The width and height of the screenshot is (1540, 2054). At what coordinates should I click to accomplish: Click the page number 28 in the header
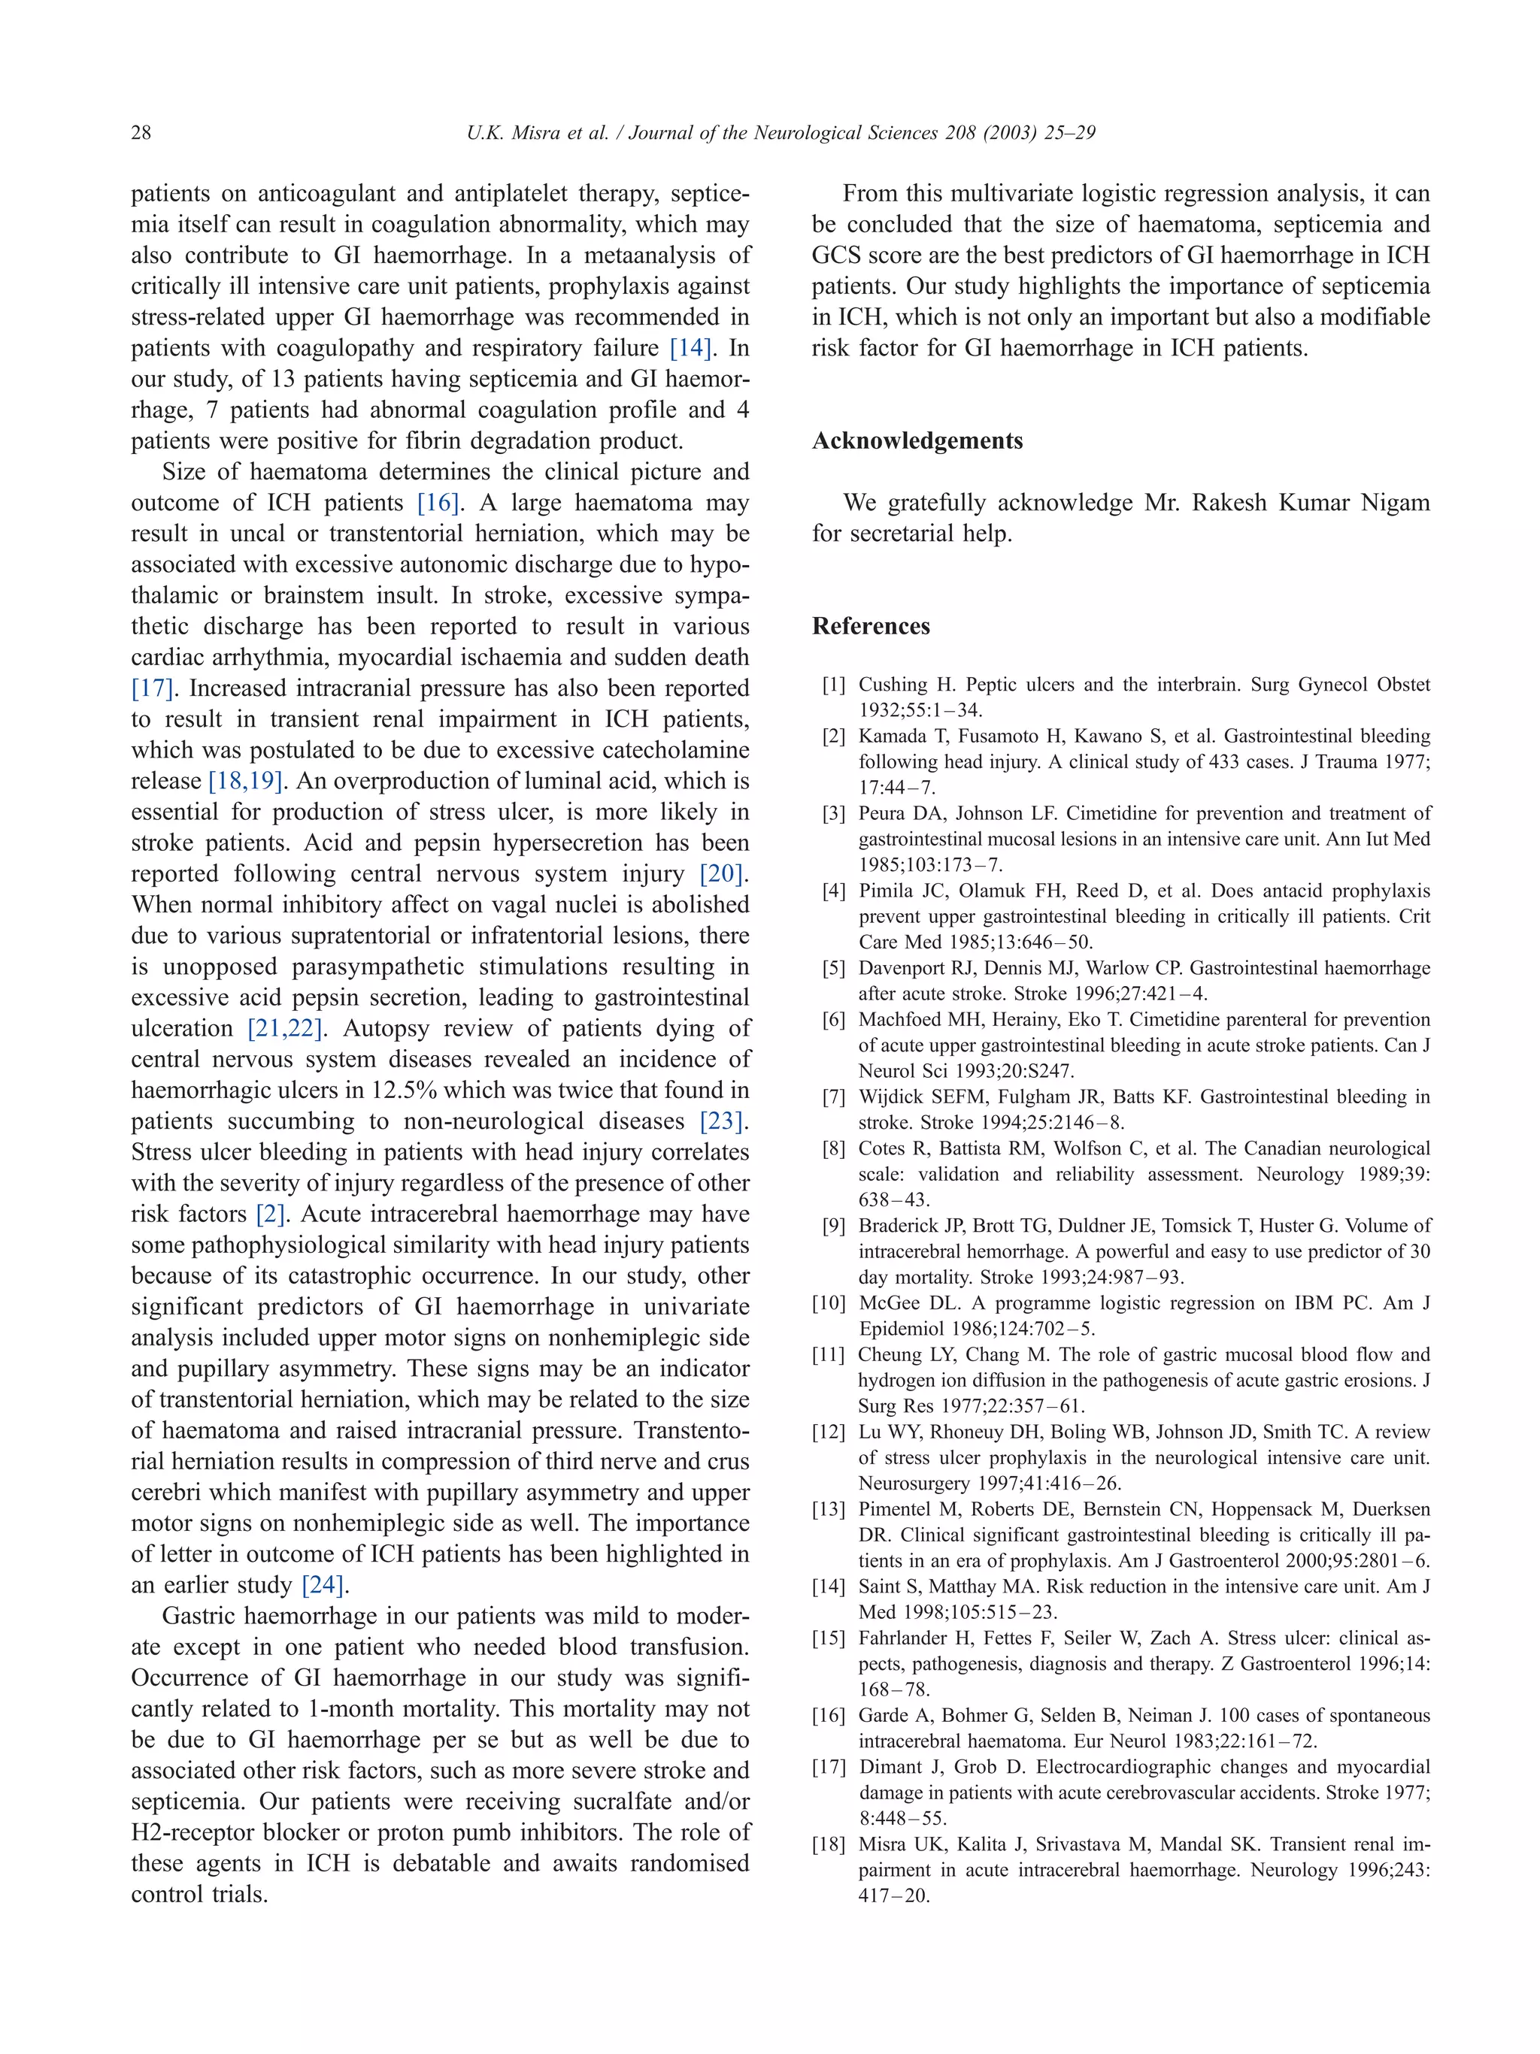(x=141, y=133)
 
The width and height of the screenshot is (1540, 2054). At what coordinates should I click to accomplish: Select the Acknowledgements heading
(x=917, y=440)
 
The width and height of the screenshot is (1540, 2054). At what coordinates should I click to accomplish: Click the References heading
(x=870, y=626)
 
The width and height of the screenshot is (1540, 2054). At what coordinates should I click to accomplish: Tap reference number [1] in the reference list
(x=833, y=685)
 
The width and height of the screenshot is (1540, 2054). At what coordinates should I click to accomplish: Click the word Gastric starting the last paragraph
(x=202, y=1616)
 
